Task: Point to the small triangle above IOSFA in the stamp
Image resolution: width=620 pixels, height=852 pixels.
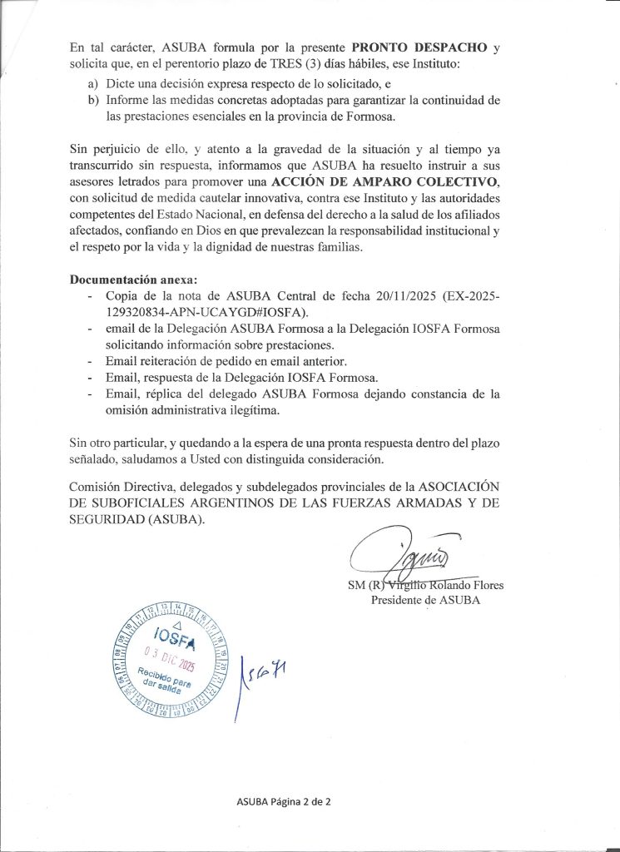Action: pos(176,625)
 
